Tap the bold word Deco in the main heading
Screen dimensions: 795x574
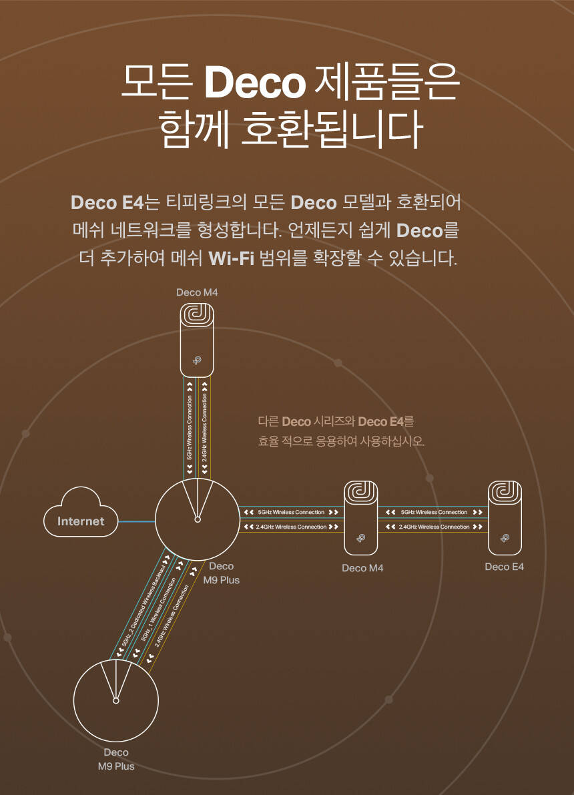[254, 81]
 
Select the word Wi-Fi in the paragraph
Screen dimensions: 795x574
[232, 258]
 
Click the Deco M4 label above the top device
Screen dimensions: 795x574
[197, 292]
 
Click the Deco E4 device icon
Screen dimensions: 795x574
[505, 517]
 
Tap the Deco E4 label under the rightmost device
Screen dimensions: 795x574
[505, 567]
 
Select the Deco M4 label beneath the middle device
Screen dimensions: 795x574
[362, 568]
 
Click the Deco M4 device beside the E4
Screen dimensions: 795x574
[361, 517]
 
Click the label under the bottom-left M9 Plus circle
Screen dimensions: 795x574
[115, 759]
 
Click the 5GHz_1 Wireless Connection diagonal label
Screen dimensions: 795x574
[159, 609]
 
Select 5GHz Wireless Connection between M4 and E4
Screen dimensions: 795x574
[434, 512]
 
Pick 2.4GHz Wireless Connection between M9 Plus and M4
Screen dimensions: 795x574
[291, 527]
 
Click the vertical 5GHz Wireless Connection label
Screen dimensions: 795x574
[190, 427]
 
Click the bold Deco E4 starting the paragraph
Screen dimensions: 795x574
[107, 201]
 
